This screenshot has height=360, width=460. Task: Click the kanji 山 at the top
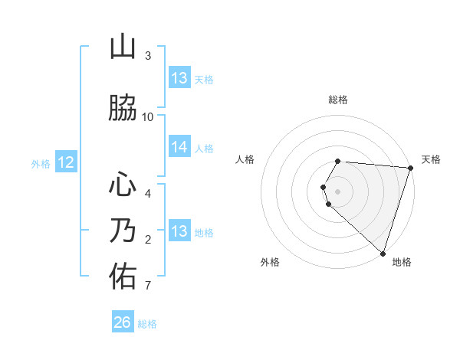click(x=123, y=47)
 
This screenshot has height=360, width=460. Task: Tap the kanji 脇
click(x=123, y=108)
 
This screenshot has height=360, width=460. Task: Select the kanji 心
click(x=123, y=185)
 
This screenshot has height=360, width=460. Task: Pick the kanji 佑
click(x=123, y=276)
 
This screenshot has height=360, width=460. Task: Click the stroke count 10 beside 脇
click(x=148, y=117)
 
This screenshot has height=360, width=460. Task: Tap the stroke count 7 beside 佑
click(x=148, y=286)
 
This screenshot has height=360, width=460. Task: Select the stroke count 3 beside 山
click(x=148, y=56)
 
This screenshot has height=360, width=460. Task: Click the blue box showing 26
click(x=122, y=322)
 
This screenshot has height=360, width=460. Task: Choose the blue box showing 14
click(x=179, y=147)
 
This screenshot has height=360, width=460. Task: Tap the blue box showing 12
click(x=65, y=162)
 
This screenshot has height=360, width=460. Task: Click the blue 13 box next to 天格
click(x=179, y=77)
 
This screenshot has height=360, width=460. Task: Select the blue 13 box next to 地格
click(x=179, y=231)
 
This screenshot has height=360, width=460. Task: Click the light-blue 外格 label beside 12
click(x=41, y=163)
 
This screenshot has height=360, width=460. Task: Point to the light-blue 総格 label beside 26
click(x=147, y=324)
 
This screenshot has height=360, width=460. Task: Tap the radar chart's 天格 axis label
click(x=431, y=159)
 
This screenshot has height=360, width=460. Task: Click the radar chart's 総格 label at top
click(x=338, y=100)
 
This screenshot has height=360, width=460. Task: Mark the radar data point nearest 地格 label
click(x=383, y=253)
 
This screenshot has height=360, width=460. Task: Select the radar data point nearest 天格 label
click(x=410, y=168)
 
